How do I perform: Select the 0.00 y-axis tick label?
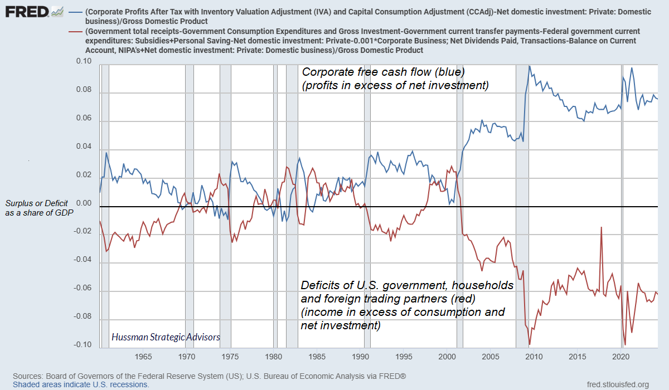point(83,203)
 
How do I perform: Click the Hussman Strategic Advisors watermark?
point(166,337)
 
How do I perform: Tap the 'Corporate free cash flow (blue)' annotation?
point(383,72)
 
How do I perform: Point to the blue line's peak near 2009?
point(529,66)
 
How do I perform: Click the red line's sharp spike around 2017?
point(602,227)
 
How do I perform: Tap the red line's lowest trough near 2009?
point(530,344)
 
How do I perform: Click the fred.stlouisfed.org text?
point(618,384)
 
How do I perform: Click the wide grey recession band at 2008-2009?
point(522,206)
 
